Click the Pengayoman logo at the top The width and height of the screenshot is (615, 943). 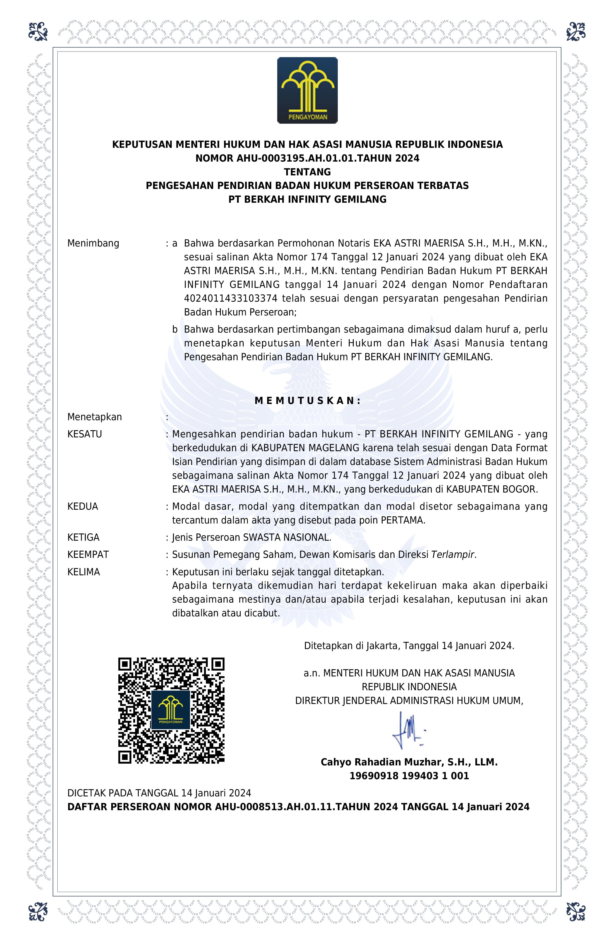coord(307,90)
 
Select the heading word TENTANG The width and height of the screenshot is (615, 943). coord(307,172)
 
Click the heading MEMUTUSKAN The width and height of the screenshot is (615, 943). coord(307,401)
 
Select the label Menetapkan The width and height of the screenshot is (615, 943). coord(94,417)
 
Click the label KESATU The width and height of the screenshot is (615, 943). coord(85,434)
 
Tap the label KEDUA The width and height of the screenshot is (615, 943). coord(83,506)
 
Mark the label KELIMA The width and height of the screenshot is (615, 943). coord(84,572)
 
